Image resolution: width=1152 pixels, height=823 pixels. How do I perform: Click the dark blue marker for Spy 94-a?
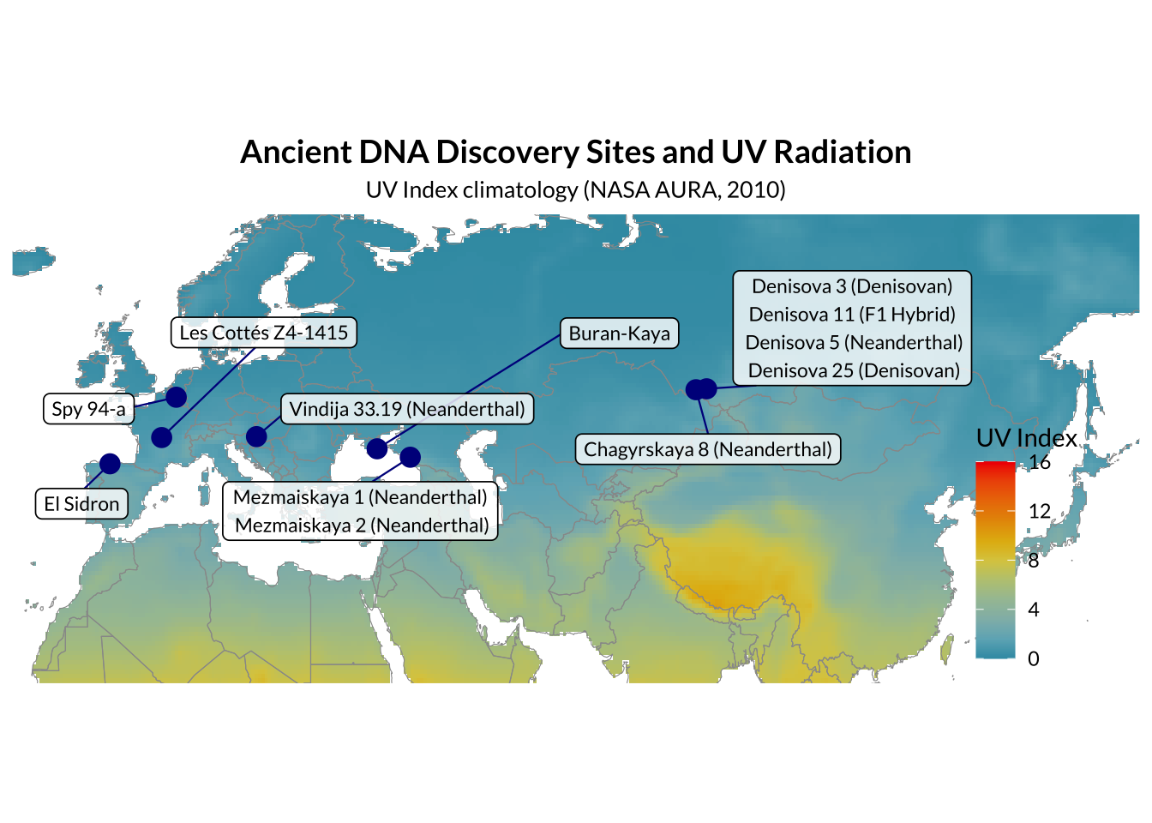pyautogui.click(x=176, y=397)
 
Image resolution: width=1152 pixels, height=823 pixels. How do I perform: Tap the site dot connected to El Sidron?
pyautogui.click(x=110, y=464)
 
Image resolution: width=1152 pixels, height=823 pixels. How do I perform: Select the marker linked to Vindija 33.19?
pyautogui.click(x=256, y=436)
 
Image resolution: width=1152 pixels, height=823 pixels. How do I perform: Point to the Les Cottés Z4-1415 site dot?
pyautogui.click(x=161, y=437)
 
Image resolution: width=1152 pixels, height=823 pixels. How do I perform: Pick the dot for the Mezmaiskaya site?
pyautogui.click(x=410, y=457)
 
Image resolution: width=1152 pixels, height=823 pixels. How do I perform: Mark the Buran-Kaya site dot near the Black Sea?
pyautogui.click(x=377, y=448)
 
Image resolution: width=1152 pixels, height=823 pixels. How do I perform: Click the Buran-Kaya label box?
pyautogui.click(x=619, y=333)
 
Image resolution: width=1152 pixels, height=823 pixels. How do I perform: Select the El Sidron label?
pyautogui.click(x=81, y=503)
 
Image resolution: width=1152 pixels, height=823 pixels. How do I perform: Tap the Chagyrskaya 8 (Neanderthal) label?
pyautogui.click(x=708, y=449)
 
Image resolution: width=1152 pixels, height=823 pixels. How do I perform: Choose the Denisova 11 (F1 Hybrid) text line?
pyautogui.click(x=852, y=315)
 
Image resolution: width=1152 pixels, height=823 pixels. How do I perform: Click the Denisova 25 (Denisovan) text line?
pyautogui.click(x=854, y=370)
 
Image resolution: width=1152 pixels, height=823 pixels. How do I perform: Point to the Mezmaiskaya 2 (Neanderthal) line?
pyautogui.click(x=362, y=526)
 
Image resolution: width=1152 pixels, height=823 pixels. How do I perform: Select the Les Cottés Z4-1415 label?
pyautogui.click(x=264, y=333)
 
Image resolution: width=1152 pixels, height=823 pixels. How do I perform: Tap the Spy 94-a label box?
pyautogui.click(x=88, y=409)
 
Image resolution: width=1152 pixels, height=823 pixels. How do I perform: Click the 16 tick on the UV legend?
pyautogui.click(x=1040, y=462)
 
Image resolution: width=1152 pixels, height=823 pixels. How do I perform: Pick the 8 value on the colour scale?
pyautogui.click(x=1034, y=560)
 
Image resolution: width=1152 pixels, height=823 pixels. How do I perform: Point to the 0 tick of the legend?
pyautogui.click(x=1034, y=658)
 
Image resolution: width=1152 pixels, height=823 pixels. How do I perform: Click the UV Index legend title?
pyautogui.click(x=1027, y=438)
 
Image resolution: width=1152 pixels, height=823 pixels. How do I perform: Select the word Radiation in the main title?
pyautogui.click(x=842, y=153)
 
